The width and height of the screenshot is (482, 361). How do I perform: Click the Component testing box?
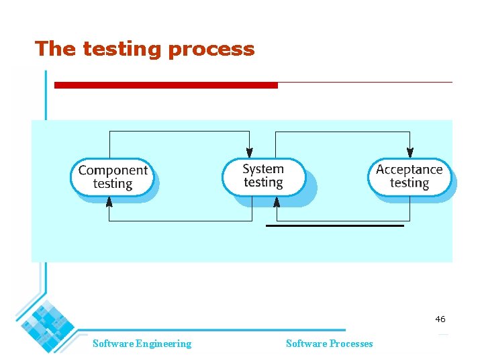[x=112, y=177]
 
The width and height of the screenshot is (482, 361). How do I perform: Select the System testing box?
[x=263, y=176]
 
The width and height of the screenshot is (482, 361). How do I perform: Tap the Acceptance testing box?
[x=409, y=176]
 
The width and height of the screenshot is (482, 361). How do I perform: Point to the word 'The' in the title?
[x=56, y=49]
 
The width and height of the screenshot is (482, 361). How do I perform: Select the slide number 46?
[x=440, y=319]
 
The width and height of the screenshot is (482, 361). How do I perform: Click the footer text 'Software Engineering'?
[x=142, y=344]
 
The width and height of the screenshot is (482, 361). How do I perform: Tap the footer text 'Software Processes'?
[x=329, y=344]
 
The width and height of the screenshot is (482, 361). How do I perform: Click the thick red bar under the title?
[x=165, y=85]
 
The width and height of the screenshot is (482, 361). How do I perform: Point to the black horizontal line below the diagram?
[x=335, y=226]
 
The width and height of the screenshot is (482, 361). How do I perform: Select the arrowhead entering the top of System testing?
[x=250, y=154]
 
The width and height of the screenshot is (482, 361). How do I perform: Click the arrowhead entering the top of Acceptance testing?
[x=409, y=154]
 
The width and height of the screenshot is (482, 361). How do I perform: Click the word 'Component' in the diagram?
[x=113, y=170]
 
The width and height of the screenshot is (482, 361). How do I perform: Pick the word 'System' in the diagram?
[x=263, y=169]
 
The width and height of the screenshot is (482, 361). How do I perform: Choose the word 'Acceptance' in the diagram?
[x=409, y=169]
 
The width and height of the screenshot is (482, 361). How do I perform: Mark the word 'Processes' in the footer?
[x=350, y=344]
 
